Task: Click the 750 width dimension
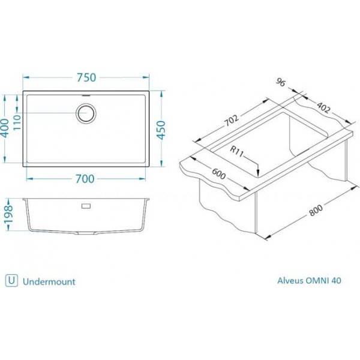pos(86,77)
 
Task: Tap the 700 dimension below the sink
pos(85,179)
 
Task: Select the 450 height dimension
pos(161,130)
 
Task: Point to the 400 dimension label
pos(5,128)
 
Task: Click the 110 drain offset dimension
pos(17,122)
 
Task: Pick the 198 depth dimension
pos(8,214)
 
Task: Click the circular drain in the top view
pos(86,113)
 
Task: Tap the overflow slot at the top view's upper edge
pos(86,95)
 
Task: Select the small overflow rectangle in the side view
pos(86,206)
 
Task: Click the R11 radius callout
pos(236,152)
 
